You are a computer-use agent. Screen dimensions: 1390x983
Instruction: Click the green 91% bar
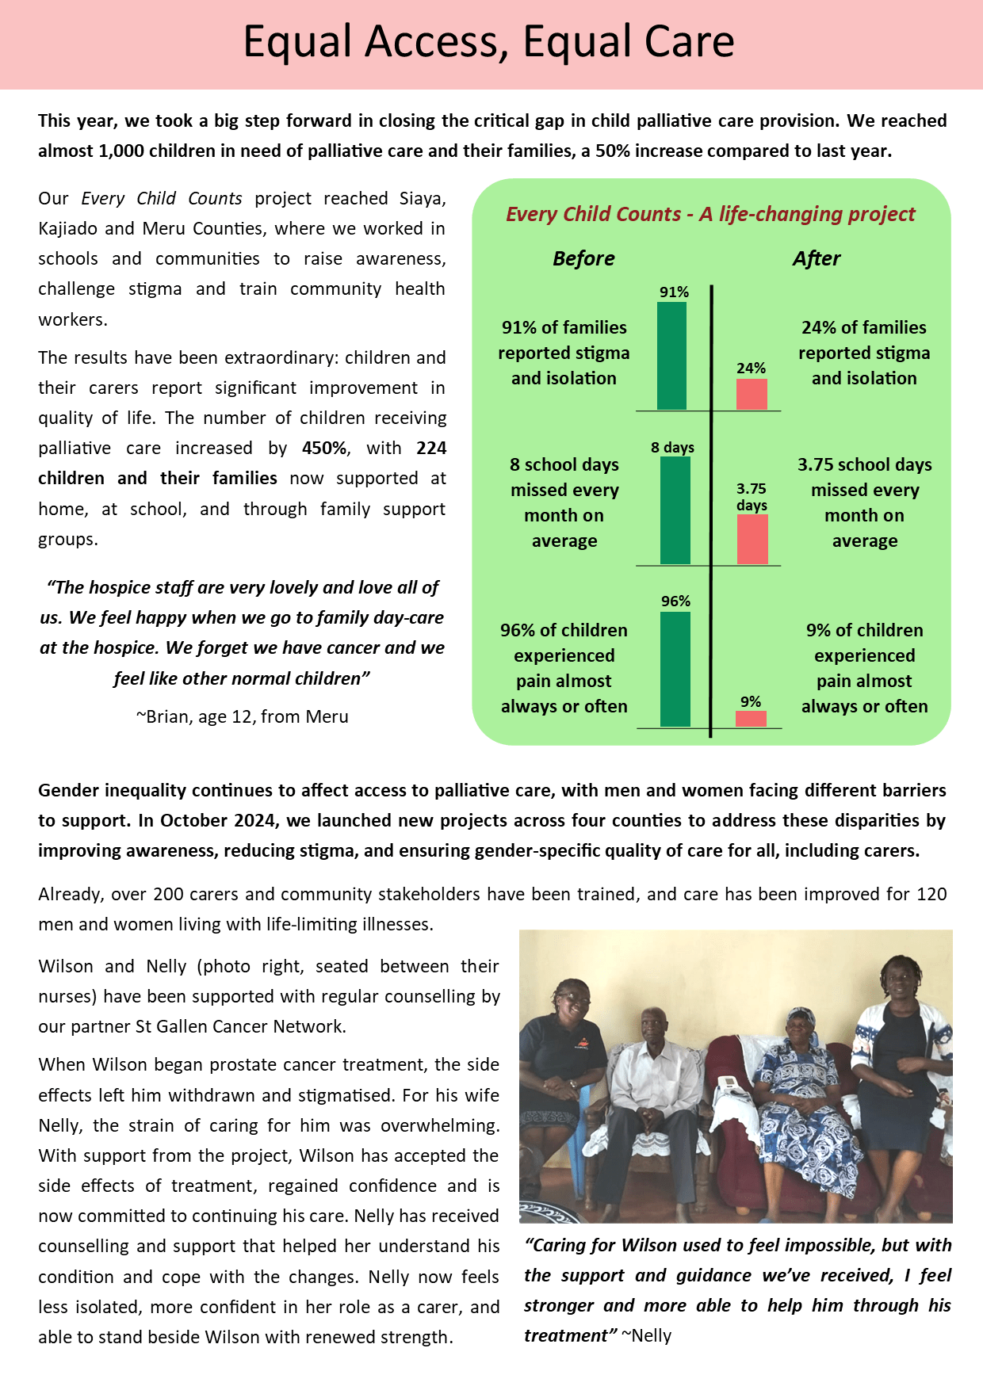click(671, 356)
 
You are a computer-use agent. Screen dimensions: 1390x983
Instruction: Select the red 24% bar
click(752, 394)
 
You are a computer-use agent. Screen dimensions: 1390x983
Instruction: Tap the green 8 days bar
click(675, 510)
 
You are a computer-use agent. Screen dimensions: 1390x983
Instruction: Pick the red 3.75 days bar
click(752, 540)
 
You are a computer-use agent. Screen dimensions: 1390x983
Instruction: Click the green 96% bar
click(675, 669)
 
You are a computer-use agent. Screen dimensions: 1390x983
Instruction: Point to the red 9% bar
click(751, 719)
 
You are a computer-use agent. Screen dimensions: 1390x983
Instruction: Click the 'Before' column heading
click(583, 259)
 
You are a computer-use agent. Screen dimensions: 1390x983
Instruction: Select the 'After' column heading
click(816, 259)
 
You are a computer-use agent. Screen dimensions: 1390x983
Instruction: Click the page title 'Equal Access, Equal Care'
click(488, 42)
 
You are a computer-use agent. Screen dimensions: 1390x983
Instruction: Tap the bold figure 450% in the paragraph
click(324, 449)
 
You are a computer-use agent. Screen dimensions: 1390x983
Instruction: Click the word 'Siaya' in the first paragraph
click(423, 199)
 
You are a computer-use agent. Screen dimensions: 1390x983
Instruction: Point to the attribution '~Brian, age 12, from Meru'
click(243, 716)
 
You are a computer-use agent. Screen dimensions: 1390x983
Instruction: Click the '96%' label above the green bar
click(675, 601)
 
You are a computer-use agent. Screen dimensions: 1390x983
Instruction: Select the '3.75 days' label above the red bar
click(752, 497)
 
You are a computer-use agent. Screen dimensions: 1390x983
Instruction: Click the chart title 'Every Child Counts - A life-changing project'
click(710, 215)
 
